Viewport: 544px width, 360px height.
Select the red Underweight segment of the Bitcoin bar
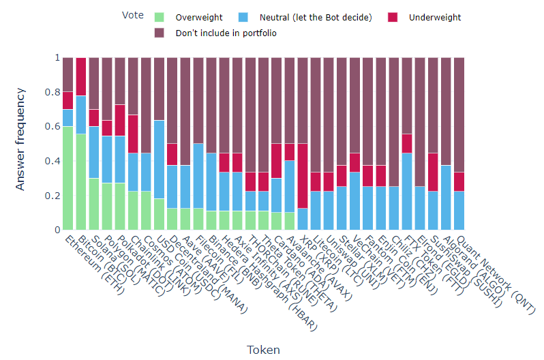click(x=81, y=76)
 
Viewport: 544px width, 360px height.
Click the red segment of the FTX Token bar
click(x=407, y=143)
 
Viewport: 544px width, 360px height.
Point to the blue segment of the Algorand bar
click(x=446, y=198)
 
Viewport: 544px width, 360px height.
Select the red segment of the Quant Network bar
click(x=459, y=181)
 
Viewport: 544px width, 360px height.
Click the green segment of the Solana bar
click(x=94, y=204)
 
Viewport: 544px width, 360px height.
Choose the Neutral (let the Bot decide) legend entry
click(x=307, y=17)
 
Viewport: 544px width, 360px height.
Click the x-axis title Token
click(x=263, y=349)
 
